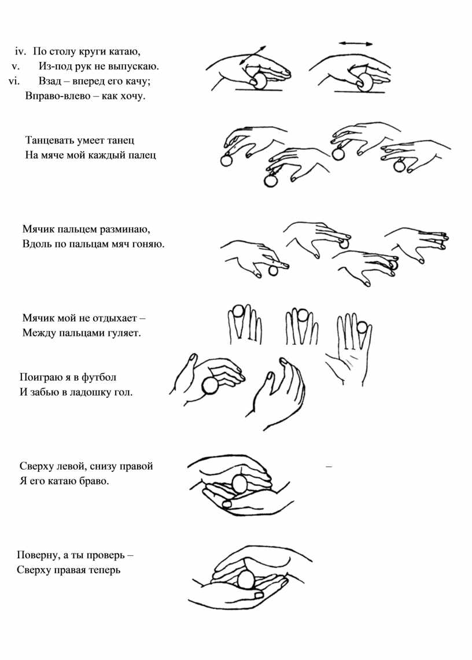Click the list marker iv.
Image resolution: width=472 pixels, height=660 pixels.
pos(21,52)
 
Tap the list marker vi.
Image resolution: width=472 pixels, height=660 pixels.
pos(14,81)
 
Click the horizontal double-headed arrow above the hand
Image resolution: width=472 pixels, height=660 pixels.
pos(356,43)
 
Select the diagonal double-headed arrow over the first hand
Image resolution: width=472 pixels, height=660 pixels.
pos(253,55)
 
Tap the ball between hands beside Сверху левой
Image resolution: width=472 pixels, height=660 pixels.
pos(239,484)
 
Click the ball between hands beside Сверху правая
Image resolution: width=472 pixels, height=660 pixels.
pos(246,579)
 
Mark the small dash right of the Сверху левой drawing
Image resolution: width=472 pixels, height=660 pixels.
pos(329,466)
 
